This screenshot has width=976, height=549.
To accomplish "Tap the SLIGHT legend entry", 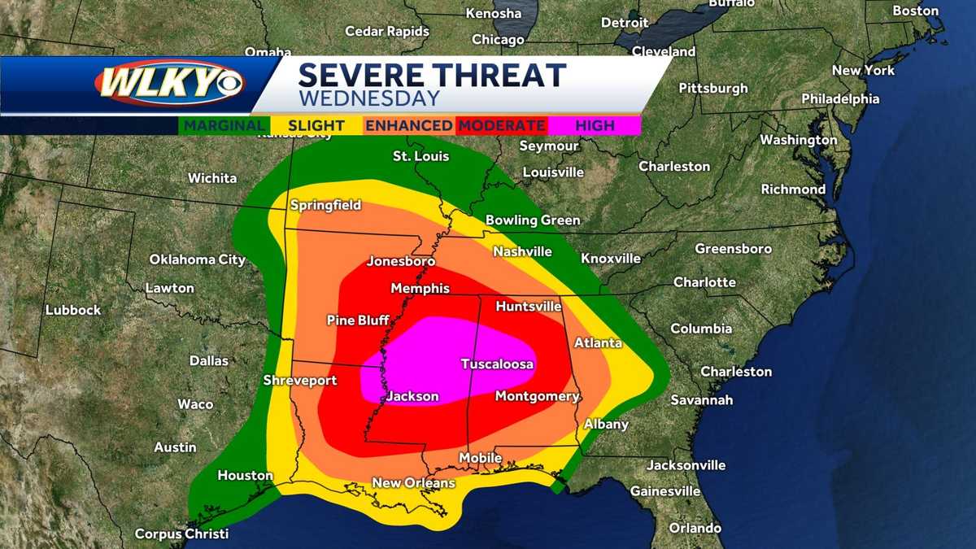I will point(316,125).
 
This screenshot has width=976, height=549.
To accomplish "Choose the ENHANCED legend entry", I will point(408,125).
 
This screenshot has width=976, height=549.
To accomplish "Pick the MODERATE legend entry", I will point(501,125).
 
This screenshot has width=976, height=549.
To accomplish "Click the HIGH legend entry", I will point(595,125).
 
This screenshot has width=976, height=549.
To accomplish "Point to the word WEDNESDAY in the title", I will point(368,98).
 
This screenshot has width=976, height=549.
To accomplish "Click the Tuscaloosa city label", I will point(497,364).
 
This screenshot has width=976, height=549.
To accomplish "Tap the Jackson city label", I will point(412,397).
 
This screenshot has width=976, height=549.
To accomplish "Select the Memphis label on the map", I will point(420,289).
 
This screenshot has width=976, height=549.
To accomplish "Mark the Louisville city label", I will point(553,172).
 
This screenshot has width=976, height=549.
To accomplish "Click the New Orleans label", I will point(413,483).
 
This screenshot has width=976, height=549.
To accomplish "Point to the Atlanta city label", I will point(598,343).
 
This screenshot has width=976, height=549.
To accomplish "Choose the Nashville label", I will point(522,251).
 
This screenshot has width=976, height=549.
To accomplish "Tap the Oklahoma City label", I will point(197,259).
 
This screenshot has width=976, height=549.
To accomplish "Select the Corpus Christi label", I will point(181,534).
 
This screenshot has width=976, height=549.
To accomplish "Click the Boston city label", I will point(916,11).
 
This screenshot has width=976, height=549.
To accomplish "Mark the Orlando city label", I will point(695,528).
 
